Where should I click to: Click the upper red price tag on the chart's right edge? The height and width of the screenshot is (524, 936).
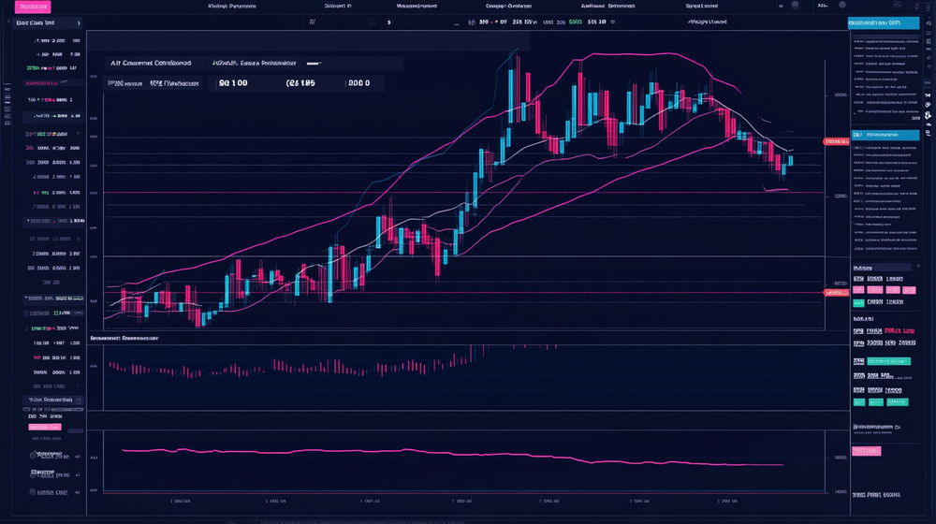pyautogui.click(x=835, y=141)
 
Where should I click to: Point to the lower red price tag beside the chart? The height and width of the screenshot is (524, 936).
pyautogui.click(x=835, y=293)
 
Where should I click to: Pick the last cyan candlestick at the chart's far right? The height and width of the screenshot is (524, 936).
pyautogui.click(x=790, y=160)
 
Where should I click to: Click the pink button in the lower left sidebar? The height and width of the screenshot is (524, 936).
pyautogui.click(x=44, y=427)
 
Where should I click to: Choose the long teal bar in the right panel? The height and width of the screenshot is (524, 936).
pyautogui.click(x=888, y=360)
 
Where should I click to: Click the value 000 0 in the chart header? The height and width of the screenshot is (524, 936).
pyautogui.click(x=358, y=83)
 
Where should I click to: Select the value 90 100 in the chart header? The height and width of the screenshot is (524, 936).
pyautogui.click(x=233, y=83)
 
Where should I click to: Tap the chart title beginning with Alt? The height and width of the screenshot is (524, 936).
pyautogui.click(x=151, y=63)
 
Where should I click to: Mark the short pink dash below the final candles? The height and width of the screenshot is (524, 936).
pyautogui.click(x=777, y=190)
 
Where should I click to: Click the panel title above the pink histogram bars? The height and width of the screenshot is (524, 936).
pyautogui.click(x=124, y=338)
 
